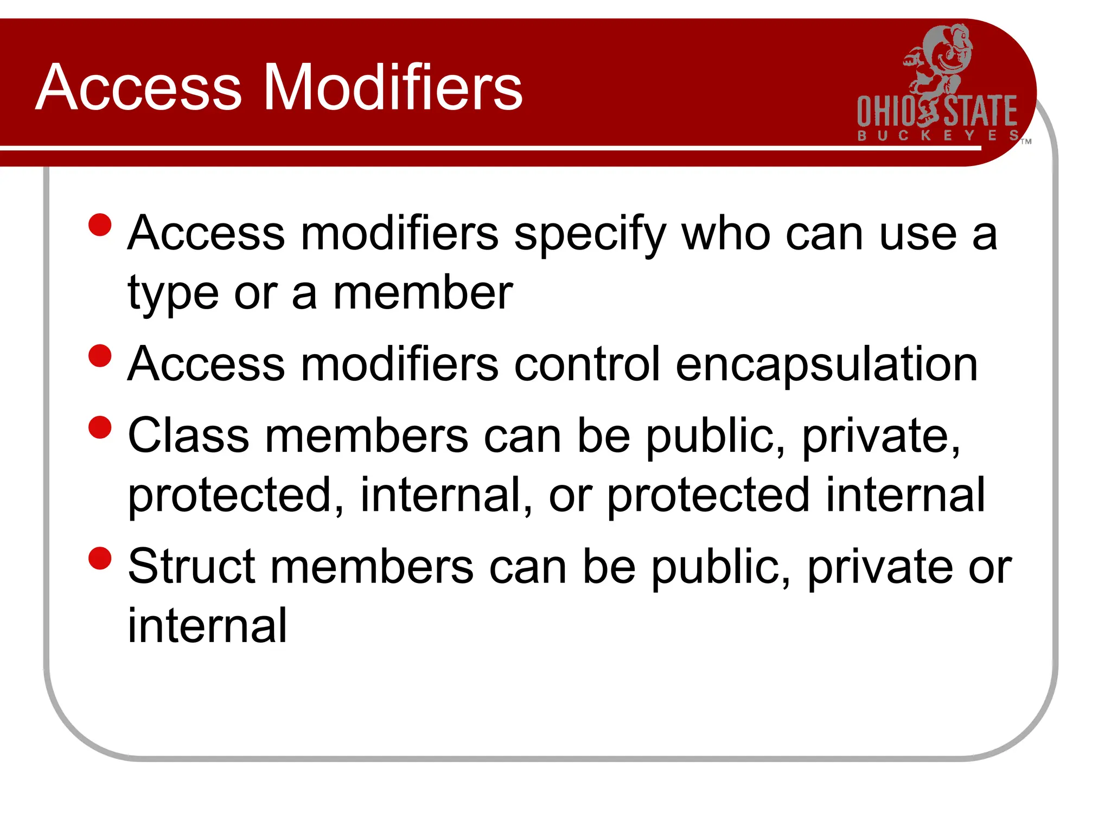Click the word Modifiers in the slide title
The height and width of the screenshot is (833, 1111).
(x=393, y=88)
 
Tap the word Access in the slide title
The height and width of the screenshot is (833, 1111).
(x=139, y=88)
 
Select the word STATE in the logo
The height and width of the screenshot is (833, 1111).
(x=981, y=112)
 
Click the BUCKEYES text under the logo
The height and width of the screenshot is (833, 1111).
(x=937, y=136)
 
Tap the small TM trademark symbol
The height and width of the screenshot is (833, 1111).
(x=1026, y=142)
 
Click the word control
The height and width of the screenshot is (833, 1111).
(x=588, y=364)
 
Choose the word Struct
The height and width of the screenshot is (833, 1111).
(x=191, y=567)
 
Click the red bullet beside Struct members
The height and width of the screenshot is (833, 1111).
(x=100, y=559)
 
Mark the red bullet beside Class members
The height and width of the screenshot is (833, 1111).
(x=100, y=427)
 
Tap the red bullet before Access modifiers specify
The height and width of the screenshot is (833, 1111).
(x=100, y=225)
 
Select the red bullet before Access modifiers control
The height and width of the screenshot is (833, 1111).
(x=100, y=356)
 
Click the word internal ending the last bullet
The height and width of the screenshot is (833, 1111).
(x=207, y=626)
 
